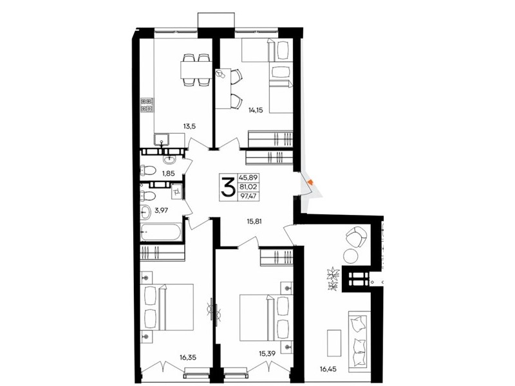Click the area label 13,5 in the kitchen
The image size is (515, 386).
190,125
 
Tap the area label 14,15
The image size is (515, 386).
256,110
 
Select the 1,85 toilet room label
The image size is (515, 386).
168,174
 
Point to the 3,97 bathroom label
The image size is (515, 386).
162,210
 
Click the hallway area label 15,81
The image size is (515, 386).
254,221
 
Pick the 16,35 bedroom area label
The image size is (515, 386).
188,358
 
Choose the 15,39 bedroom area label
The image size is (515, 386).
267,353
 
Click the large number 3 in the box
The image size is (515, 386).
228,187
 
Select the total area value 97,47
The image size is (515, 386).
249,197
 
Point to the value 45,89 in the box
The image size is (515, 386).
249,178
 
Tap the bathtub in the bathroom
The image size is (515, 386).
160,232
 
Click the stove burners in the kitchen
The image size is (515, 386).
147,105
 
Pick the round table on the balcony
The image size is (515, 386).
351,256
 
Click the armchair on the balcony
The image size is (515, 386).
357,237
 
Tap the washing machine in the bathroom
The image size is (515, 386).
176,191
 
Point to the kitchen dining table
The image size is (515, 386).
196,70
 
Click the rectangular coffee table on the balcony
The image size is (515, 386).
334,343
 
